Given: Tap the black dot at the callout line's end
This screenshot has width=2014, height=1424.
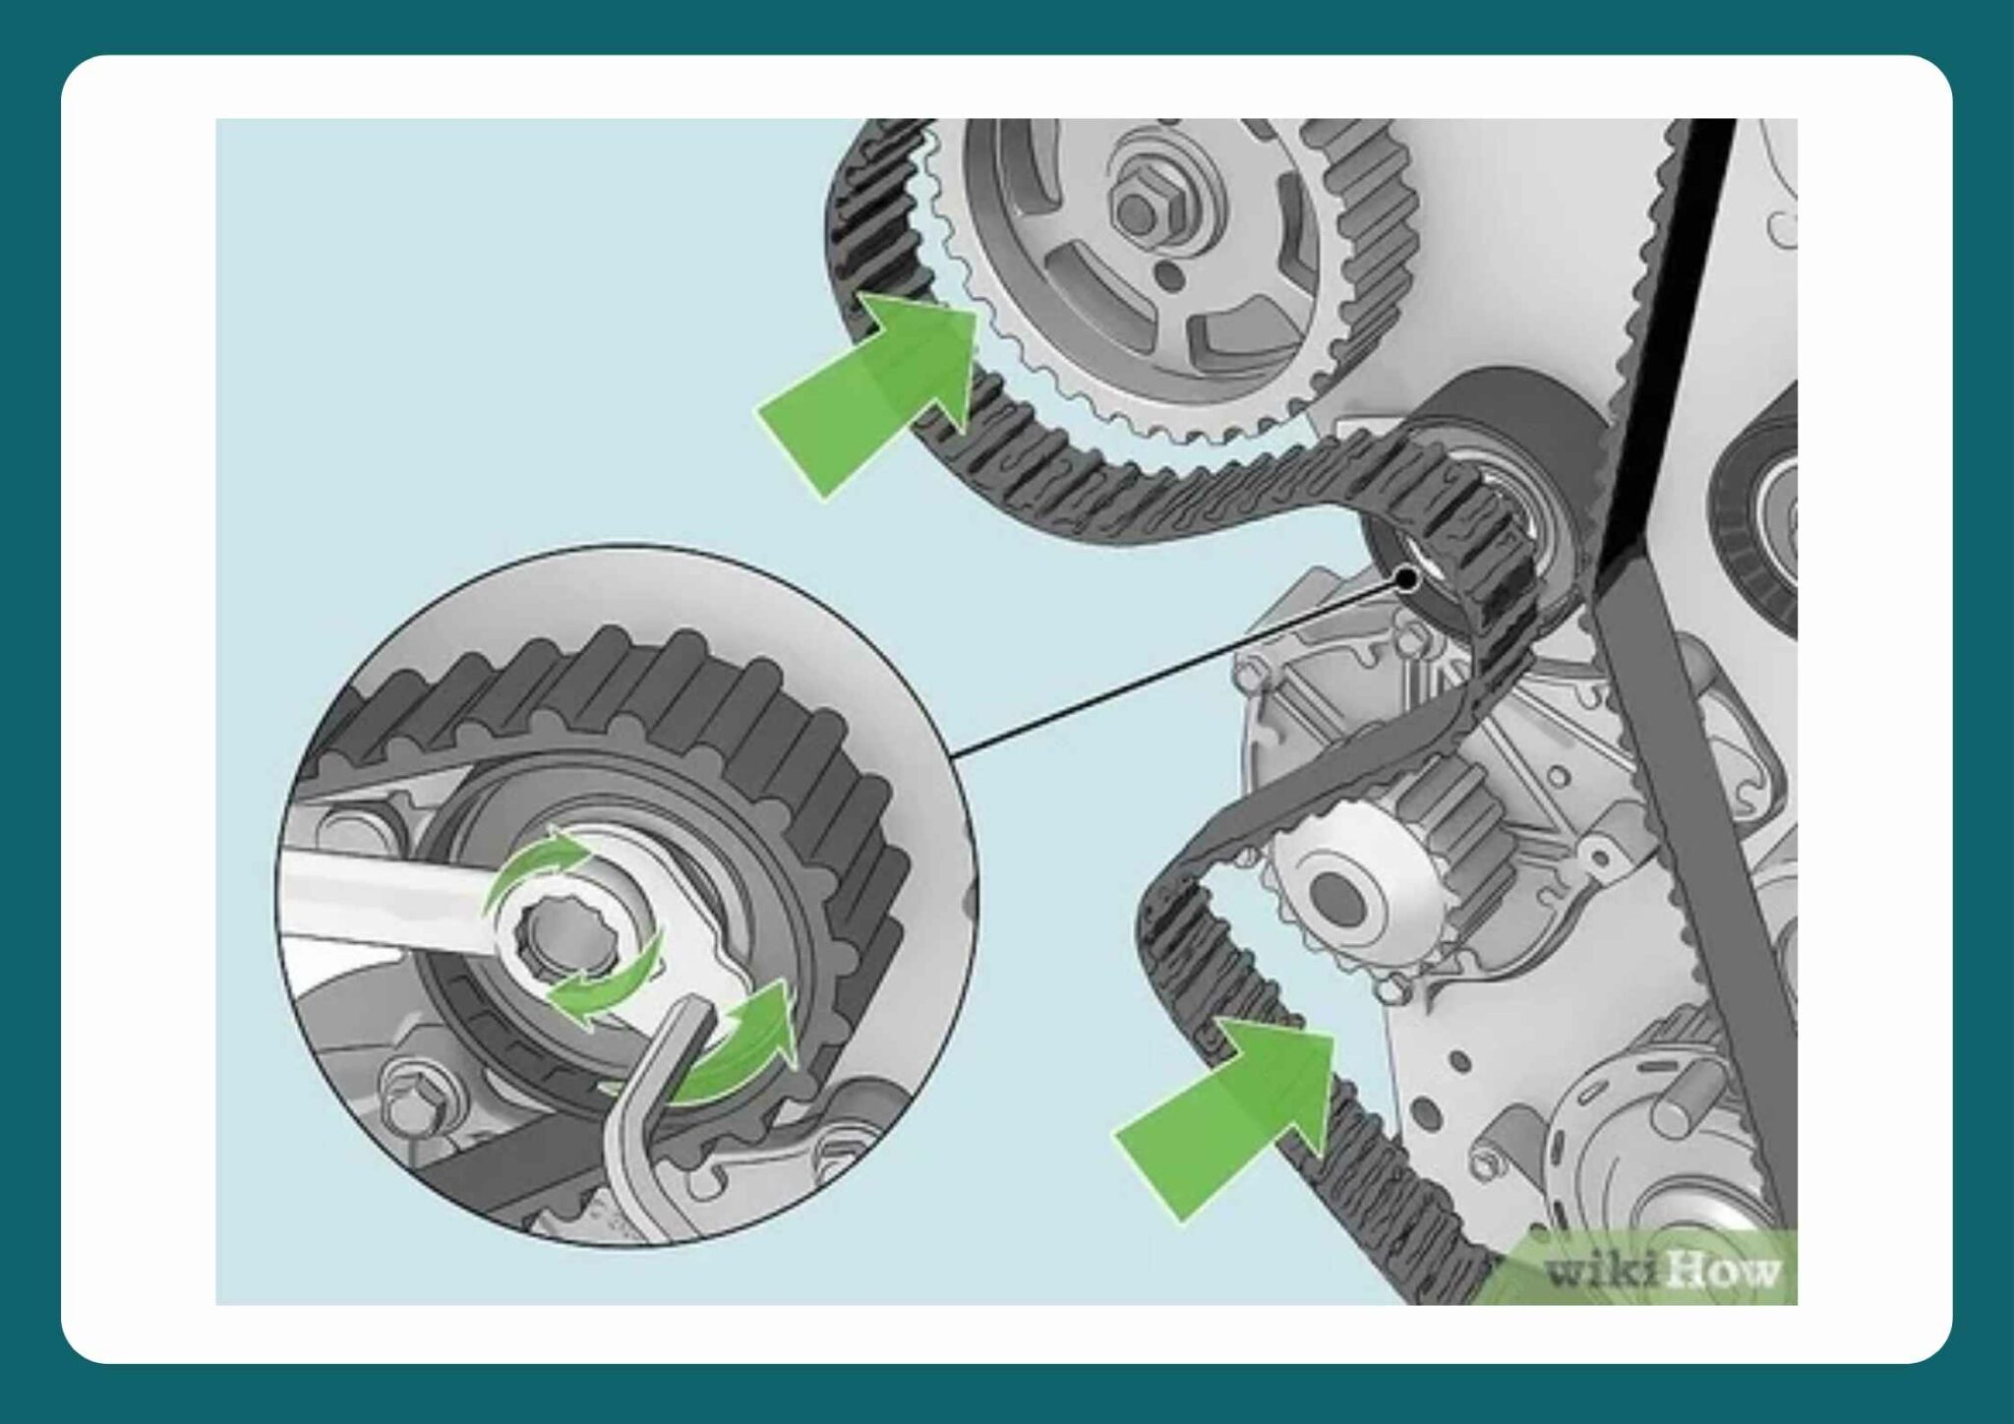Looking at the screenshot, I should pyautogui.click(x=1406, y=579).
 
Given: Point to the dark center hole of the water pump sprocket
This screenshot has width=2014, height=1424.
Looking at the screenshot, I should pyautogui.click(x=1337, y=896).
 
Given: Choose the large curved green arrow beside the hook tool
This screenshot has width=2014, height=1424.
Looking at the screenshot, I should pyautogui.click(x=738, y=1052).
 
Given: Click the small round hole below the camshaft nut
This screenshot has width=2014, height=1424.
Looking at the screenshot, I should pyautogui.click(x=1167, y=272).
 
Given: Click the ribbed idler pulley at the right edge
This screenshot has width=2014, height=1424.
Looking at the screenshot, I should pyautogui.click(x=1765, y=511).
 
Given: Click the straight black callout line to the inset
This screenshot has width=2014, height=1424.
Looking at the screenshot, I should pyautogui.click(x=1180, y=669).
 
